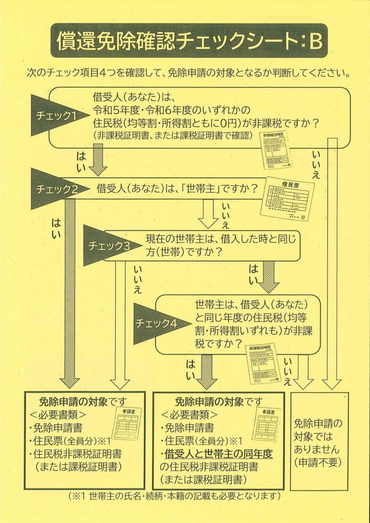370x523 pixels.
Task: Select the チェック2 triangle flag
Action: click(x=58, y=189)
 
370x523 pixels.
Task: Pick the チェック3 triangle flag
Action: click(x=110, y=245)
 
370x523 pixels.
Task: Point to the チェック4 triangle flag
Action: click(x=160, y=324)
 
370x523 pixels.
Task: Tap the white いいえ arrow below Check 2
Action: click(x=208, y=213)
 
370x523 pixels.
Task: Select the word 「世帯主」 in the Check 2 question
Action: click(x=201, y=189)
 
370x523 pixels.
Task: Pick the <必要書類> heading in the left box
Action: click(x=58, y=415)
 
